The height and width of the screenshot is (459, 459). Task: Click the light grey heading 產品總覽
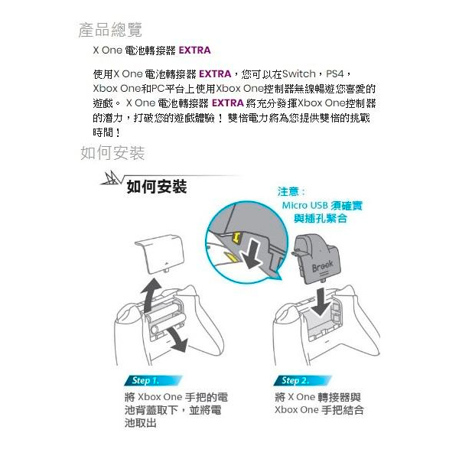point(110,30)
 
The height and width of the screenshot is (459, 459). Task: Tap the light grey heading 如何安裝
point(112,152)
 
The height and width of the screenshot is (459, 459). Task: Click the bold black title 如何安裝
point(157,187)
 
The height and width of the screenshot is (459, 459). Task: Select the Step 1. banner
point(153,380)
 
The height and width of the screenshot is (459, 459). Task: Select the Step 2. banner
point(302,380)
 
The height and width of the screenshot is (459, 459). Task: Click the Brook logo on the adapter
point(323,266)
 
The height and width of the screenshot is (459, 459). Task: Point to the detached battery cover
point(160,254)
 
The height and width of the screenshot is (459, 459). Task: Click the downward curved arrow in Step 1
point(177,340)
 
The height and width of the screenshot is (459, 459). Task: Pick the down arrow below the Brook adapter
point(321,302)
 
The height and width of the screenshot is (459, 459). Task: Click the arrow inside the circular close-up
point(252,253)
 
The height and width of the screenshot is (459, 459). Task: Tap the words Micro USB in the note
point(304,206)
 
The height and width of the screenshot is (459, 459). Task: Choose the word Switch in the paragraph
point(299,74)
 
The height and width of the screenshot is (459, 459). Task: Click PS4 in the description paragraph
point(335,74)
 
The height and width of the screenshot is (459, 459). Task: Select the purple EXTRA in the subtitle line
point(194,50)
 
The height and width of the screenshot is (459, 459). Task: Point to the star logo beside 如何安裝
point(110,178)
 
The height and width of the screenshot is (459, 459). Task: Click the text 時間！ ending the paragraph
point(106,132)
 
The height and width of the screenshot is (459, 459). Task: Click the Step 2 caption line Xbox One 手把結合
point(319,410)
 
